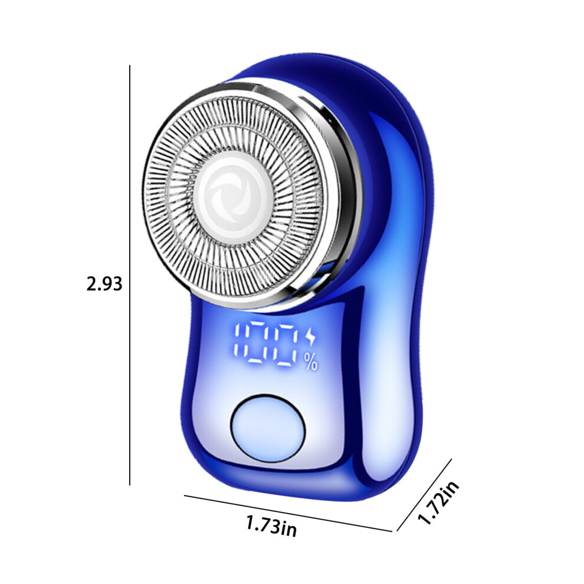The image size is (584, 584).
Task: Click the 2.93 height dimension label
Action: tap(104, 284)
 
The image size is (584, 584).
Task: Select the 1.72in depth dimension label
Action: tap(438, 502)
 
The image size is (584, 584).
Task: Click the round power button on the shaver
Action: tap(268, 428)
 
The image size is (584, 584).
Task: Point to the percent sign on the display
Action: tap(311, 362)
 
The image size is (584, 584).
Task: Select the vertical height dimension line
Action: tap(130, 275)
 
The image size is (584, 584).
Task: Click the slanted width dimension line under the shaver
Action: tap(288, 513)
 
